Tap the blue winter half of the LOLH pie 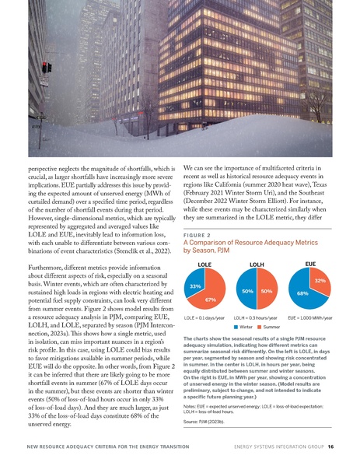pos(247,291)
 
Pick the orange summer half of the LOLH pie pos(267,291)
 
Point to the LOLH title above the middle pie pos(257,266)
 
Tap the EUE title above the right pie pos(310,265)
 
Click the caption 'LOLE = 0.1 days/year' pos(204,317)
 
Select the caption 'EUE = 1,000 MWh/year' pos(310,317)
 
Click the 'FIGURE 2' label pos(197,231)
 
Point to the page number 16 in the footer pos(331,448)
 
